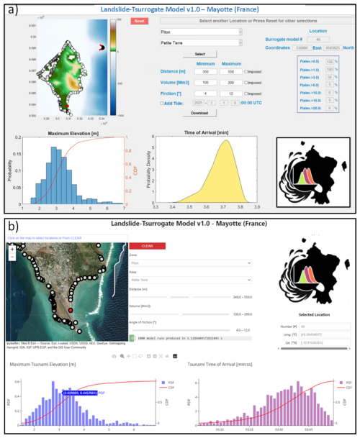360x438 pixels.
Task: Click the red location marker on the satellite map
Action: coord(71,310)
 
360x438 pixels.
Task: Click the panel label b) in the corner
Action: coord(12,225)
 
